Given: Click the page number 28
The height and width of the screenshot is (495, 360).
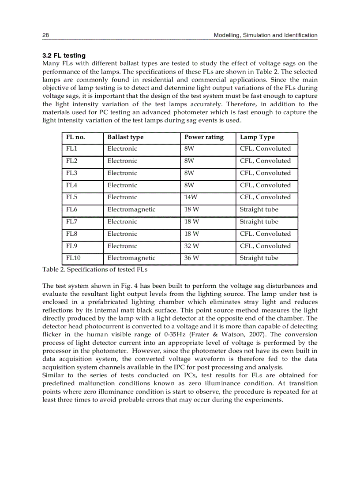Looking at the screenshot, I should coord(45,35).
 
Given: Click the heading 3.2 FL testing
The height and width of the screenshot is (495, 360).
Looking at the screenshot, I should coord(64,56).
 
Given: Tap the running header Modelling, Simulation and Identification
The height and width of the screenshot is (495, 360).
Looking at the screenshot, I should coord(265,35).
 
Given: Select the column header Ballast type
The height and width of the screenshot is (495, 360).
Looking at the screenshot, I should coord(125,137).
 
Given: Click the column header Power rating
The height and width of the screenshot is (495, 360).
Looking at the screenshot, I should coord(204,137).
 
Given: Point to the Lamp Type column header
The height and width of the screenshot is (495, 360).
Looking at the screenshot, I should coord(257,137).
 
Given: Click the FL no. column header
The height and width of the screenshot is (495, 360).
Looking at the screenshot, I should coord(75,137).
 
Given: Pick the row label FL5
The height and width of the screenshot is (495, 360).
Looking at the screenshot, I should coord(72,197).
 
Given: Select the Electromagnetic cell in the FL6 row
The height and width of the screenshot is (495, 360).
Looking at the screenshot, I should coord(131,209).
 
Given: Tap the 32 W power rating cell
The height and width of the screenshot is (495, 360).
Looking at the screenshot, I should coord(191,246).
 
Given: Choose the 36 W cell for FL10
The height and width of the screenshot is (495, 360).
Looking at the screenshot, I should coord(191,258).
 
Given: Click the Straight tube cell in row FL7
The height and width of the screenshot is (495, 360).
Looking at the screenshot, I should coord(259,222).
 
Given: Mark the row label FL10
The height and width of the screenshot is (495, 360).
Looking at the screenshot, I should coord(74,258).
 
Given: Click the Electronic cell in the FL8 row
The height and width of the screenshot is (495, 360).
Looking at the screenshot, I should coord(122,234).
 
